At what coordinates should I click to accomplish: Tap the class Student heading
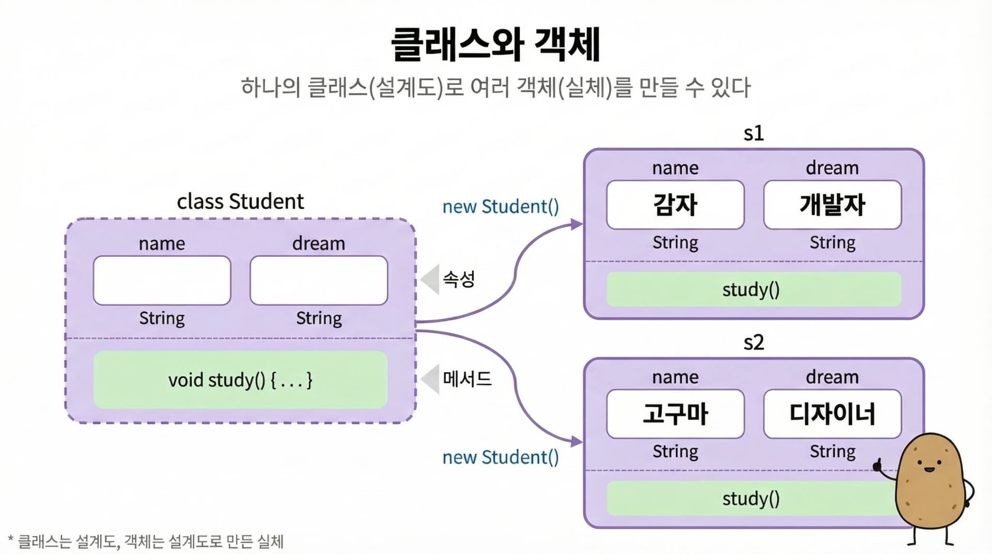pos(240,202)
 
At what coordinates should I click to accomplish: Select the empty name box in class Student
pos(162,281)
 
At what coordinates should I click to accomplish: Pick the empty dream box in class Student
pos(319,281)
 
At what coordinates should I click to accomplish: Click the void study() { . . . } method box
pos(240,380)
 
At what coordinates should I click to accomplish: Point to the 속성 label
pos(459,280)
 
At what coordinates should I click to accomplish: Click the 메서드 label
pos(467,379)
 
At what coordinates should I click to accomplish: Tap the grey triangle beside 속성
pos(430,280)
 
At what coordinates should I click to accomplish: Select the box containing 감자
pos(675,205)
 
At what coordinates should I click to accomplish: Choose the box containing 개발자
pos(832,205)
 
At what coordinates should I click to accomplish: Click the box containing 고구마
pos(675,414)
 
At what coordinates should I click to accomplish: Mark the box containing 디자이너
pos(832,414)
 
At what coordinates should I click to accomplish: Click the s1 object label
pos(753,133)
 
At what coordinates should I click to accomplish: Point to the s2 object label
pos(753,343)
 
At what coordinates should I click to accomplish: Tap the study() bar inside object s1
pos(753,289)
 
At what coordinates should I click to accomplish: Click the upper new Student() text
pos(500,207)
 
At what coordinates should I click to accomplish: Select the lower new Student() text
pos(500,457)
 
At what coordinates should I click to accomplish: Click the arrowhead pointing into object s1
pos(577,224)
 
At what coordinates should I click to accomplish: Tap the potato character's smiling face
pos(928,465)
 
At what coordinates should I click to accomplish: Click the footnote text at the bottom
pos(147,542)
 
